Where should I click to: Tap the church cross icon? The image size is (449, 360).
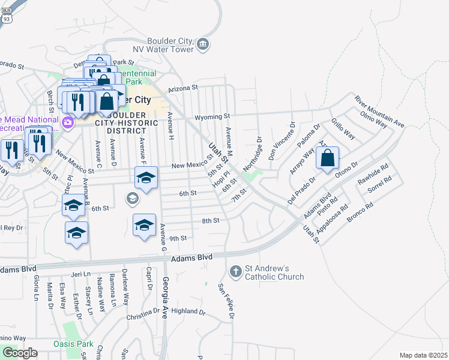point(236,272)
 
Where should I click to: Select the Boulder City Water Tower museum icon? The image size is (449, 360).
point(203,44)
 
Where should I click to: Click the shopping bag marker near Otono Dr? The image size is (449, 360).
point(328,159)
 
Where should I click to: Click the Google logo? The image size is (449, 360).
point(20,353)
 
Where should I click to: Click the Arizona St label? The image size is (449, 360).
point(183,88)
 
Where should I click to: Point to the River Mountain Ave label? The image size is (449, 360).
point(379,111)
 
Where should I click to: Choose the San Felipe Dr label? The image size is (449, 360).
point(226,301)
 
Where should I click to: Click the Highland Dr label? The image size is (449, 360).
point(188,311)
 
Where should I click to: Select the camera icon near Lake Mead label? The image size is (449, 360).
point(67,124)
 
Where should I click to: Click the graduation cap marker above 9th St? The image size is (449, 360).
point(144,226)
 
